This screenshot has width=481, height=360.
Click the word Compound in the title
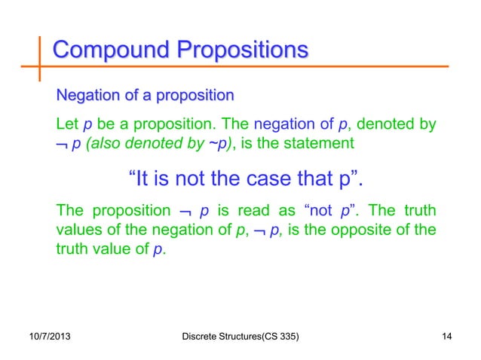109,51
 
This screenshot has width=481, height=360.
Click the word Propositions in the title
242,51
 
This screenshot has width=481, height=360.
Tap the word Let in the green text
68,123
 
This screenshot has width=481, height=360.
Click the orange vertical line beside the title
39,56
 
